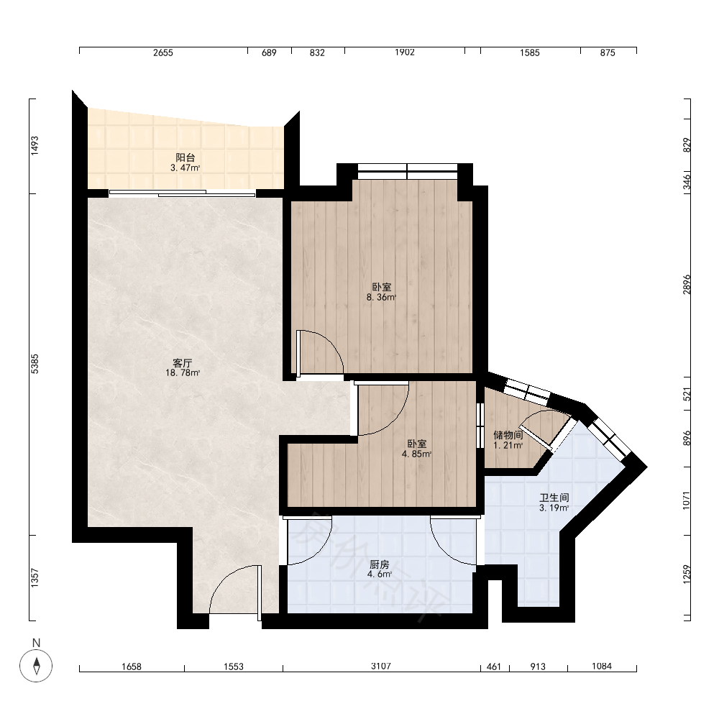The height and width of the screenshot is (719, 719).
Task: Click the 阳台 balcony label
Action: click(186, 157)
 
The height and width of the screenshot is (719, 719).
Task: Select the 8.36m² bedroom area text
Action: click(381, 297)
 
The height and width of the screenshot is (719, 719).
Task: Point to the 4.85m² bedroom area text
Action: click(417, 454)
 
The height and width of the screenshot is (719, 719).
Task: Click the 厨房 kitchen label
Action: click(379, 564)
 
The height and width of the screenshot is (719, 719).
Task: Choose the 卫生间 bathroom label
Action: click(554, 498)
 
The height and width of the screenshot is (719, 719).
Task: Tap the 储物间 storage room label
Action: click(508, 435)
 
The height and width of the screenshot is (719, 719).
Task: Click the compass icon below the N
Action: click(36, 665)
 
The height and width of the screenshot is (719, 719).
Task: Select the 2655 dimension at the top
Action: click(163, 52)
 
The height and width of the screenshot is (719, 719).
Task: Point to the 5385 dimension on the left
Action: click(35, 364)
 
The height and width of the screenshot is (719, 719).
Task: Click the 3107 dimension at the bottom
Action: click(381, 666)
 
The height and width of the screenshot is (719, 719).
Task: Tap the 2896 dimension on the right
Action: click(687, 284)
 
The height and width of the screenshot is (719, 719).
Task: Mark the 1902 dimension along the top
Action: click(404, 52)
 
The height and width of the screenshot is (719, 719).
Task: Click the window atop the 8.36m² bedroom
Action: click(408, 172)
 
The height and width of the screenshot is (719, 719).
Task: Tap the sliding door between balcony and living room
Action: click(182, 193)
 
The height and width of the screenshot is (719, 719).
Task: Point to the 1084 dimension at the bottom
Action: click(602, 666)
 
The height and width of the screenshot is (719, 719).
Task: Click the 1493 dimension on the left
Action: click(35, 146)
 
